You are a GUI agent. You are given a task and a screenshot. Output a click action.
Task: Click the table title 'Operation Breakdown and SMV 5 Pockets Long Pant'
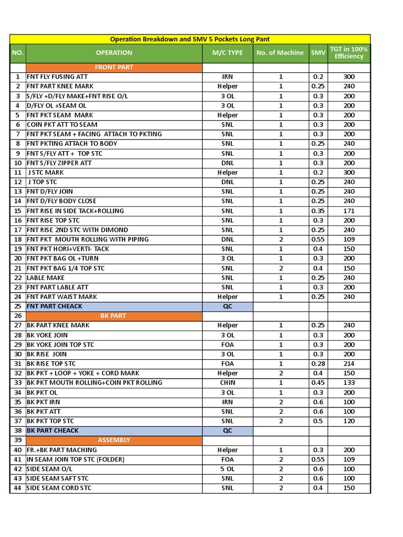pos(190,39)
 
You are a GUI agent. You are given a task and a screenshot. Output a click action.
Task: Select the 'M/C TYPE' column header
pos(227,52)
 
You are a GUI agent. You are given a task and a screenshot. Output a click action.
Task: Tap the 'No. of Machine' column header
pos(280,52)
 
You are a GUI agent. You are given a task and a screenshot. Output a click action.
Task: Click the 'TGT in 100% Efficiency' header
pos(349,52)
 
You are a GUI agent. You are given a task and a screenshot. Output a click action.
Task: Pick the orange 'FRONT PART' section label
pos(114,67)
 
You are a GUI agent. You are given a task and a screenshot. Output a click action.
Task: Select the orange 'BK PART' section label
pos(113,316)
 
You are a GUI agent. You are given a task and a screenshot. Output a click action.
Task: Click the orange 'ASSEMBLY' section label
pos(114,440)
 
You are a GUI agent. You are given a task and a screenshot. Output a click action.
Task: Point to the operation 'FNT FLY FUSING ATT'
pos(57,77)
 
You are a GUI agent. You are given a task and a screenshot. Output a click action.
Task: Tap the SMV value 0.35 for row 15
pos(318,211)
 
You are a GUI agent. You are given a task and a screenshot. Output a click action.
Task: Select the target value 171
pos(349,211)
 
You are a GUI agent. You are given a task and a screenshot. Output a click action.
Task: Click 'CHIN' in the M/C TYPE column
pos(227,383)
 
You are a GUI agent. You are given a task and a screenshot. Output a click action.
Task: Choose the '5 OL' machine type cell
pos(227,469)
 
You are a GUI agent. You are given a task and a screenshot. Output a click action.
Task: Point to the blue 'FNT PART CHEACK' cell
pos(55,306)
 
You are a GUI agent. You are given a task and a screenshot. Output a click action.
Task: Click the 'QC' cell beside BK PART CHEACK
pos(227,431)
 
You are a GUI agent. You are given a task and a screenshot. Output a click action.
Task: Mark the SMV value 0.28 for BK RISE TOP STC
pos(318,363)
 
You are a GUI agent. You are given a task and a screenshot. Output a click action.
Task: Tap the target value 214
pos(349,363)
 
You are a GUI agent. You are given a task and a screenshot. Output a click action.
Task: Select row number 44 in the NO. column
pos(18,488)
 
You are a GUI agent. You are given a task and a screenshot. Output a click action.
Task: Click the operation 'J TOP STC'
pos(43,182)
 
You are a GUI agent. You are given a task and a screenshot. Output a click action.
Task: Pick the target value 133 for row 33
pos(349,383)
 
